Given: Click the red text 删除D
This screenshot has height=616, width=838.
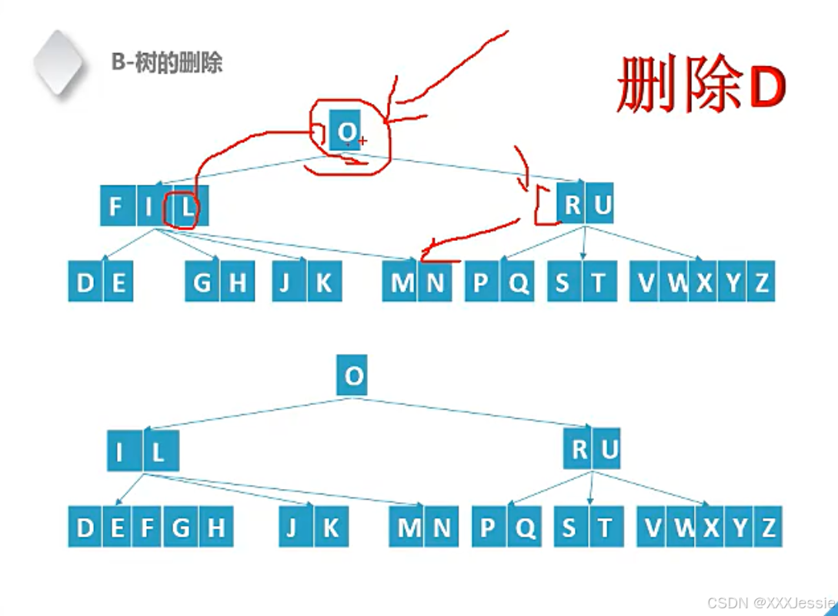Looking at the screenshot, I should click(x=700, y=87).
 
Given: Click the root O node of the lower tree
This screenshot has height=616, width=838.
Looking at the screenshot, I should click(x=352, y=377).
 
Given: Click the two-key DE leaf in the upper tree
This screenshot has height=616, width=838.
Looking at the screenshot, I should click(x=101, y=283).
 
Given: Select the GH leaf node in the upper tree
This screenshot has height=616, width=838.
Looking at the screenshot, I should click(x=219, y=283).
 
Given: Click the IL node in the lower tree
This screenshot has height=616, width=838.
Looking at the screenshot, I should click(x=142, y=451).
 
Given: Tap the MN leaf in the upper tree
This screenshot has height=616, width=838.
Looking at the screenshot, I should click(x=419, y=283).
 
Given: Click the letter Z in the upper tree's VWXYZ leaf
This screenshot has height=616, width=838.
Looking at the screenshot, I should click(x=761, y=283).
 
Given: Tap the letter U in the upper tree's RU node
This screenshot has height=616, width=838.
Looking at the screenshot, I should click(x=601, y=206).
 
